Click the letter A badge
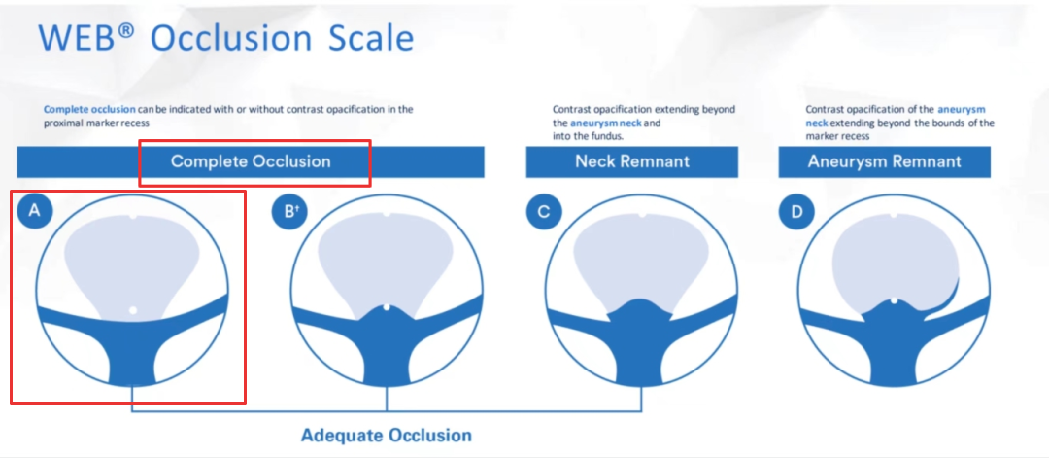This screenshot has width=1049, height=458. coord(35,212)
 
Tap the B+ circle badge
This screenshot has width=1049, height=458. coord(289,212)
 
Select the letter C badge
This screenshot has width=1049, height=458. coord(543,212)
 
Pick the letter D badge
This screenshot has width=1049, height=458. coord(796,212)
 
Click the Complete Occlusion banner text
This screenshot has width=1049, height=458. coord(251,161)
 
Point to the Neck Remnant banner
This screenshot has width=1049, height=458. coord(632,162)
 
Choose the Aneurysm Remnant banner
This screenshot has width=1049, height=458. coord(885,162)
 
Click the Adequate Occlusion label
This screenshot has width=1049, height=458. coord(386,436)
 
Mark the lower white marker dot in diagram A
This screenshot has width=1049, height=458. coord(133,310)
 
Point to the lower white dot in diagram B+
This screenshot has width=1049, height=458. coord(387,307)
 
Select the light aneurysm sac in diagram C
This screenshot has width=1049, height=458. coord(642,258)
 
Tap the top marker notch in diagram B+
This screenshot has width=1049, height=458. coord(387,214)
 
